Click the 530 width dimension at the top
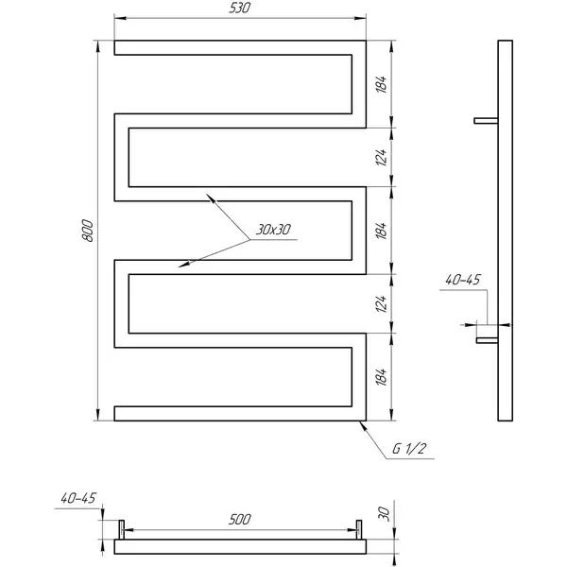239,8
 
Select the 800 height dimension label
88,231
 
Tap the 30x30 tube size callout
273,230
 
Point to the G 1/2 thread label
409,449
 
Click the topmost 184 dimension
381,84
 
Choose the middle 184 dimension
381,231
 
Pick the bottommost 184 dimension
381,377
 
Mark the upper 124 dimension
381,157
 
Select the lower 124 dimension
381,303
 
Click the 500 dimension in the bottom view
239,520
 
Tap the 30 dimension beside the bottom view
384,514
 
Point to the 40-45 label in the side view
462,280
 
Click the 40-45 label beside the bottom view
78,498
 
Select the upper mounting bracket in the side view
486,121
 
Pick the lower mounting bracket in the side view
487,340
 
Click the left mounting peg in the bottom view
122,530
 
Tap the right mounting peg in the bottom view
359,530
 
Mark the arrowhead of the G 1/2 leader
362,426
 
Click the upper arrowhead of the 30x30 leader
211,198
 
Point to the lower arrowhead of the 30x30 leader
183,265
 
